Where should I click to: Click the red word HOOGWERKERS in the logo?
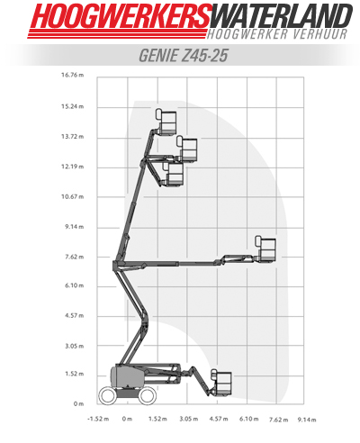coord(121,16)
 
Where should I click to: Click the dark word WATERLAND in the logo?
coord(282,16)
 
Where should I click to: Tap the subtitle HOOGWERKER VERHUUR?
coord(277,34)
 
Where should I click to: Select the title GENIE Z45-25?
coord(184,55)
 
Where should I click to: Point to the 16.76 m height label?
coord(73,75)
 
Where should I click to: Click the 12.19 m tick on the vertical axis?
coord(73,167)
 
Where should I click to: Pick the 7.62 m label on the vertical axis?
coord(75,257)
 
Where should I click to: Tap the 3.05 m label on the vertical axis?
coord(75,346)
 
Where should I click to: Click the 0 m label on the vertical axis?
coord(78,404)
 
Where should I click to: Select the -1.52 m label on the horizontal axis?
coord(98,419)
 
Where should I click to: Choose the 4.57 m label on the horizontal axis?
coord(219,419)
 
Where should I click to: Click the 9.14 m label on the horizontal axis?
coord(307,420)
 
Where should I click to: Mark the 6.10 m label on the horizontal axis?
coord(248,419)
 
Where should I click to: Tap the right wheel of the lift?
coord(148,395)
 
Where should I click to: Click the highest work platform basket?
coord(166,122)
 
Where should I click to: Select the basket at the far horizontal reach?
coord(265,249)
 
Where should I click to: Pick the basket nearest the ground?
coord(221,383)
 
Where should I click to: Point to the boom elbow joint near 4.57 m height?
coord(145,320)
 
